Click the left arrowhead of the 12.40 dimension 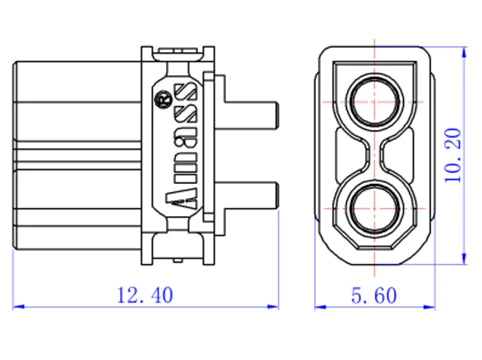point(17,306)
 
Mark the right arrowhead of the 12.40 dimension point(276,306)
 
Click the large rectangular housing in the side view point(75,155)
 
